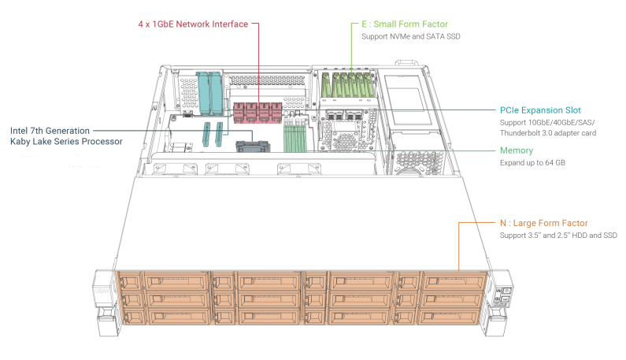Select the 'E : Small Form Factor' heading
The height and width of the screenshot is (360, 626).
tap(403, 24)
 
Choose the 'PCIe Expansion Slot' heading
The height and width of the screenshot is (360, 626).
tap(540, 110)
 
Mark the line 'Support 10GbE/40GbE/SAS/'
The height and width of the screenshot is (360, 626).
tap(546, 123)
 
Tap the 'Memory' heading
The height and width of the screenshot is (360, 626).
tap(517, 150)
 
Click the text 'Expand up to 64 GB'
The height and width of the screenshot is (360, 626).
tap(533, 162)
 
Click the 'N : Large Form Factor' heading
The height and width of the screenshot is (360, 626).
tap(544, 224)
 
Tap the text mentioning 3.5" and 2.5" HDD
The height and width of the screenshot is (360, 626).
tap(558, 236)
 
